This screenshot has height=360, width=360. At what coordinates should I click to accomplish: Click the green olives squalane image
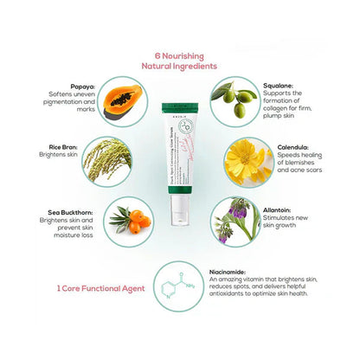[234, 101]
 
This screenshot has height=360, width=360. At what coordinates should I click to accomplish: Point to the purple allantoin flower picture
[234, 222]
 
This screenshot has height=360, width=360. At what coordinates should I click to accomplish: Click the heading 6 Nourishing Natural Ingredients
[180, 59]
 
